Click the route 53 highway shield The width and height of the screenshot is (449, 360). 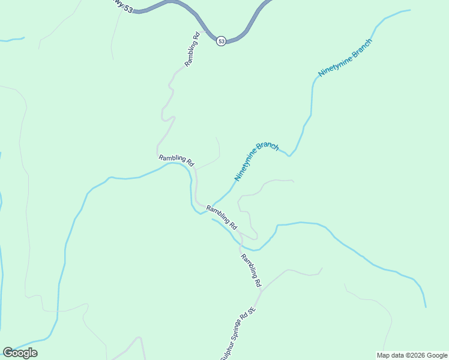221,41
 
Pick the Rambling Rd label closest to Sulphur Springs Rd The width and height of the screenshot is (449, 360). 252,270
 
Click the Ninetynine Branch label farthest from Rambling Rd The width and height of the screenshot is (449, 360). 345,58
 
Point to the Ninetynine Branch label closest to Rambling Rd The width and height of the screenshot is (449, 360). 256,161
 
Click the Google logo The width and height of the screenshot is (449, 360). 20,353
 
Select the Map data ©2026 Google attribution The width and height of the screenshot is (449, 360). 412,355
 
